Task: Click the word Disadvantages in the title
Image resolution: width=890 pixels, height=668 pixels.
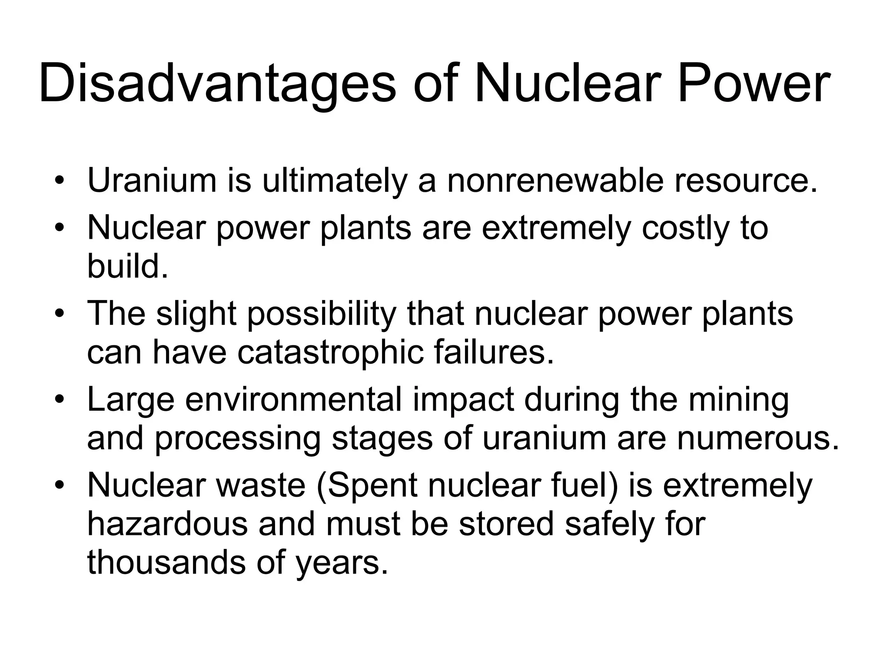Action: pyautogui.click(x=217, y=83)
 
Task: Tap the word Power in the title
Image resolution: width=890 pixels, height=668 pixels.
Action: pyautogui.click(x=754, y=83)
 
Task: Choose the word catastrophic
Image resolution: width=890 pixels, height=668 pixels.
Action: pyautogui.click(x=330, y=352)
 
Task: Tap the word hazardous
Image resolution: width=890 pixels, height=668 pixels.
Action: pyautogui.click(x=167, y=524)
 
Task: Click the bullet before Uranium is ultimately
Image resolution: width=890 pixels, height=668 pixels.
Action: pyautogui.click(x=60, y=181)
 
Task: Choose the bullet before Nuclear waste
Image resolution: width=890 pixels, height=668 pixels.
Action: pyautogui.click(x=60, y=485)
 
